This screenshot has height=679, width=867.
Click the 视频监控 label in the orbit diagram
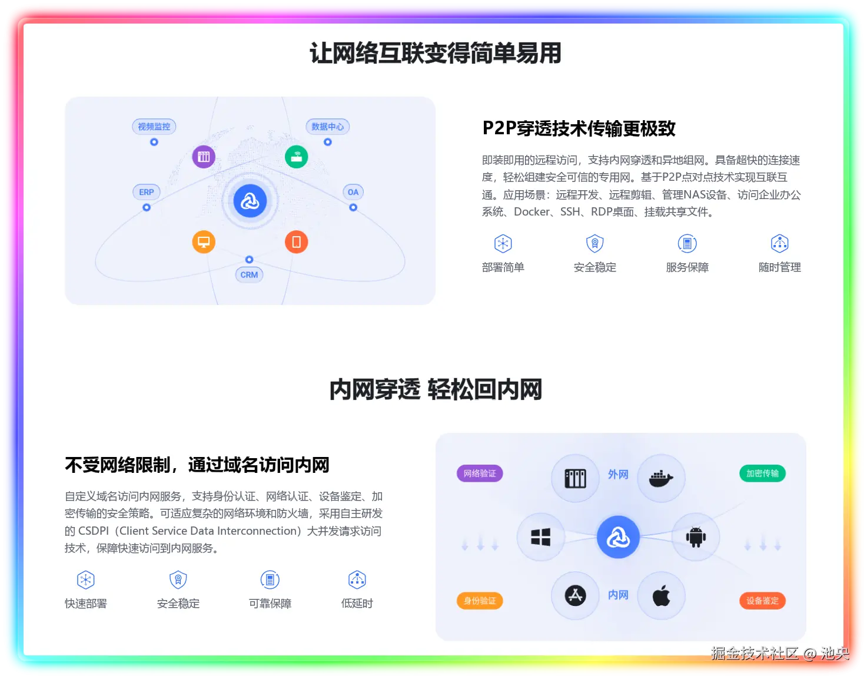point(154,127)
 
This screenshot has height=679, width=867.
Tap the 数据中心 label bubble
point(327,127)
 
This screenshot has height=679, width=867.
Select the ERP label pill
point(147,192)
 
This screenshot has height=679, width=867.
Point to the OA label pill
point(353,192)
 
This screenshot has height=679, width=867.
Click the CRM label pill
point(249,274)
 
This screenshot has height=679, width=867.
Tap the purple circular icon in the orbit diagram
point(204,157)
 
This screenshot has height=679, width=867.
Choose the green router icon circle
point(297,157)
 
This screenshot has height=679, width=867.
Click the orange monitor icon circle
point(204,241)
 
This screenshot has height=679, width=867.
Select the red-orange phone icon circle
point(297,241)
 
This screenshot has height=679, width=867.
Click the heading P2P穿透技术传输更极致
point(579,128)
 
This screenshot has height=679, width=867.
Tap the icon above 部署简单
point(503,244)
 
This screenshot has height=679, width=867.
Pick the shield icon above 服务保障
point(687,244)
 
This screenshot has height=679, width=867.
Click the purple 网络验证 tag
point(480,473)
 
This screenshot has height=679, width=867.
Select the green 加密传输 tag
point(762,473)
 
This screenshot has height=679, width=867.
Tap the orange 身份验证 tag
point(480,601)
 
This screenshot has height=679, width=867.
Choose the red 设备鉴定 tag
point(762,601)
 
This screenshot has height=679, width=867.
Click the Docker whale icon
point(661,478)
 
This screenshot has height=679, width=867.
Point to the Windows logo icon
point(540,537)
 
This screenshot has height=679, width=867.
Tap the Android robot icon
point(696,537)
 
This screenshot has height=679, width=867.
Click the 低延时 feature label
point(357,604)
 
